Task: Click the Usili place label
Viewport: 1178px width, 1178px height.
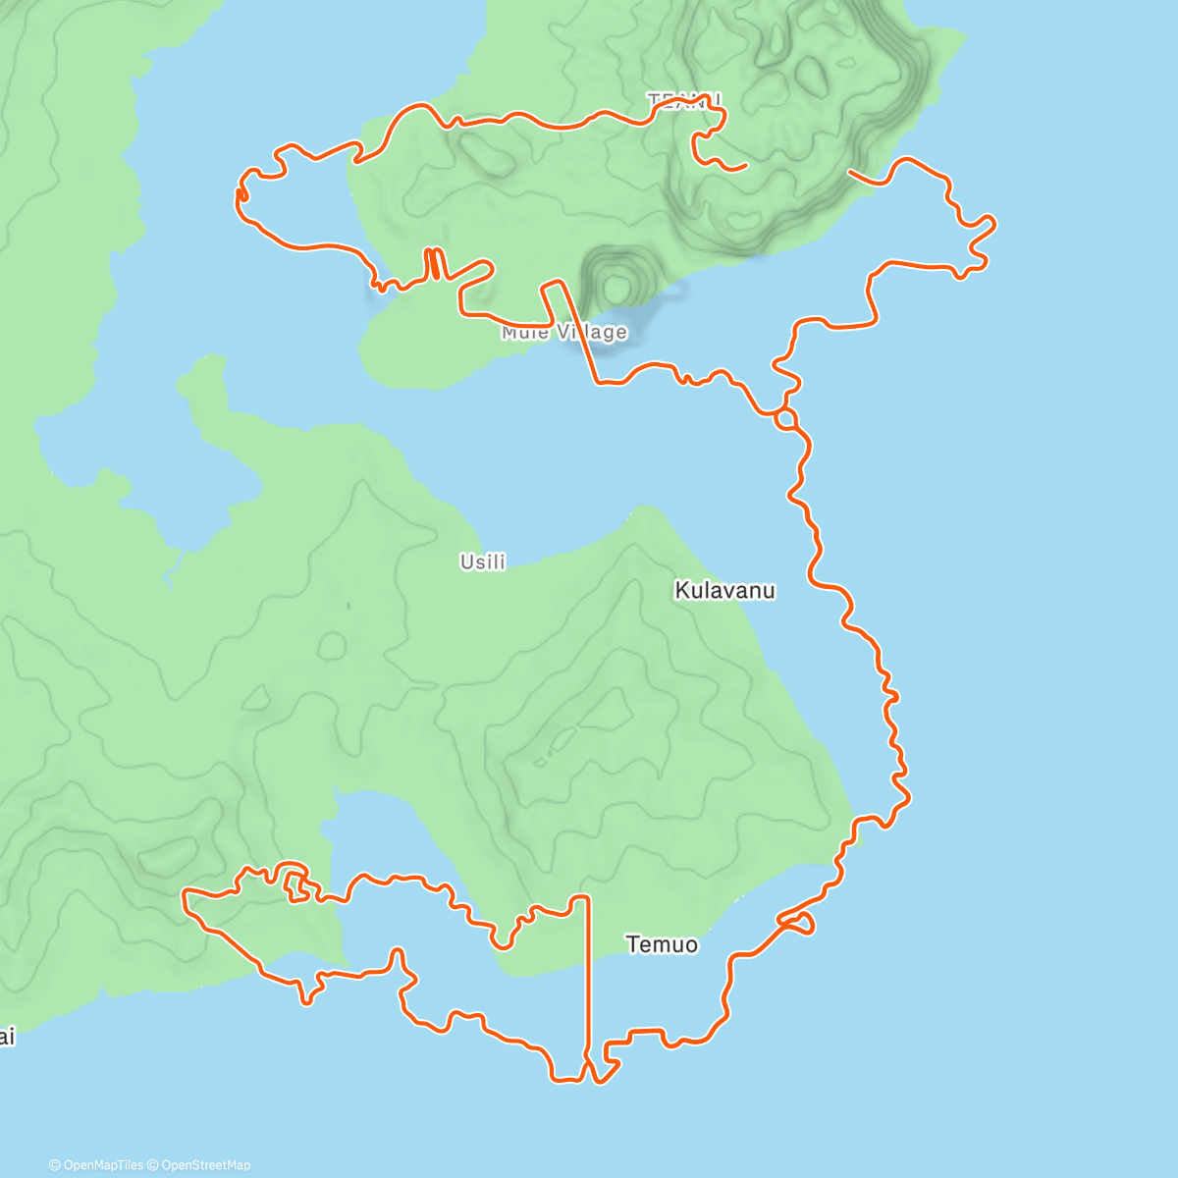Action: coord(483,562)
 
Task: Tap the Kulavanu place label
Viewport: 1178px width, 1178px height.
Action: coord(724,590)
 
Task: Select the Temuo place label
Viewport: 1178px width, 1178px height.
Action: coord(662,944)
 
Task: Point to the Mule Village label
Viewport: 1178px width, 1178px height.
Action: coord(563,332)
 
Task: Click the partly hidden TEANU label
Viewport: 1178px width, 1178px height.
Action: coord(684,100)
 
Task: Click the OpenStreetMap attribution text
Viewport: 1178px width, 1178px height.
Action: coord(205,1165)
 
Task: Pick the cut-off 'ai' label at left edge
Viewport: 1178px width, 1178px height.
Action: coord(7,1037)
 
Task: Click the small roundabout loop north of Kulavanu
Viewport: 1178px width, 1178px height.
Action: coord(785,419)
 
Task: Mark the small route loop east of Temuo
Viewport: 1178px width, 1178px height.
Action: coord(796,922)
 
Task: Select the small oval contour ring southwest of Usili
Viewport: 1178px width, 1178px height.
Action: coord(332,645)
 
